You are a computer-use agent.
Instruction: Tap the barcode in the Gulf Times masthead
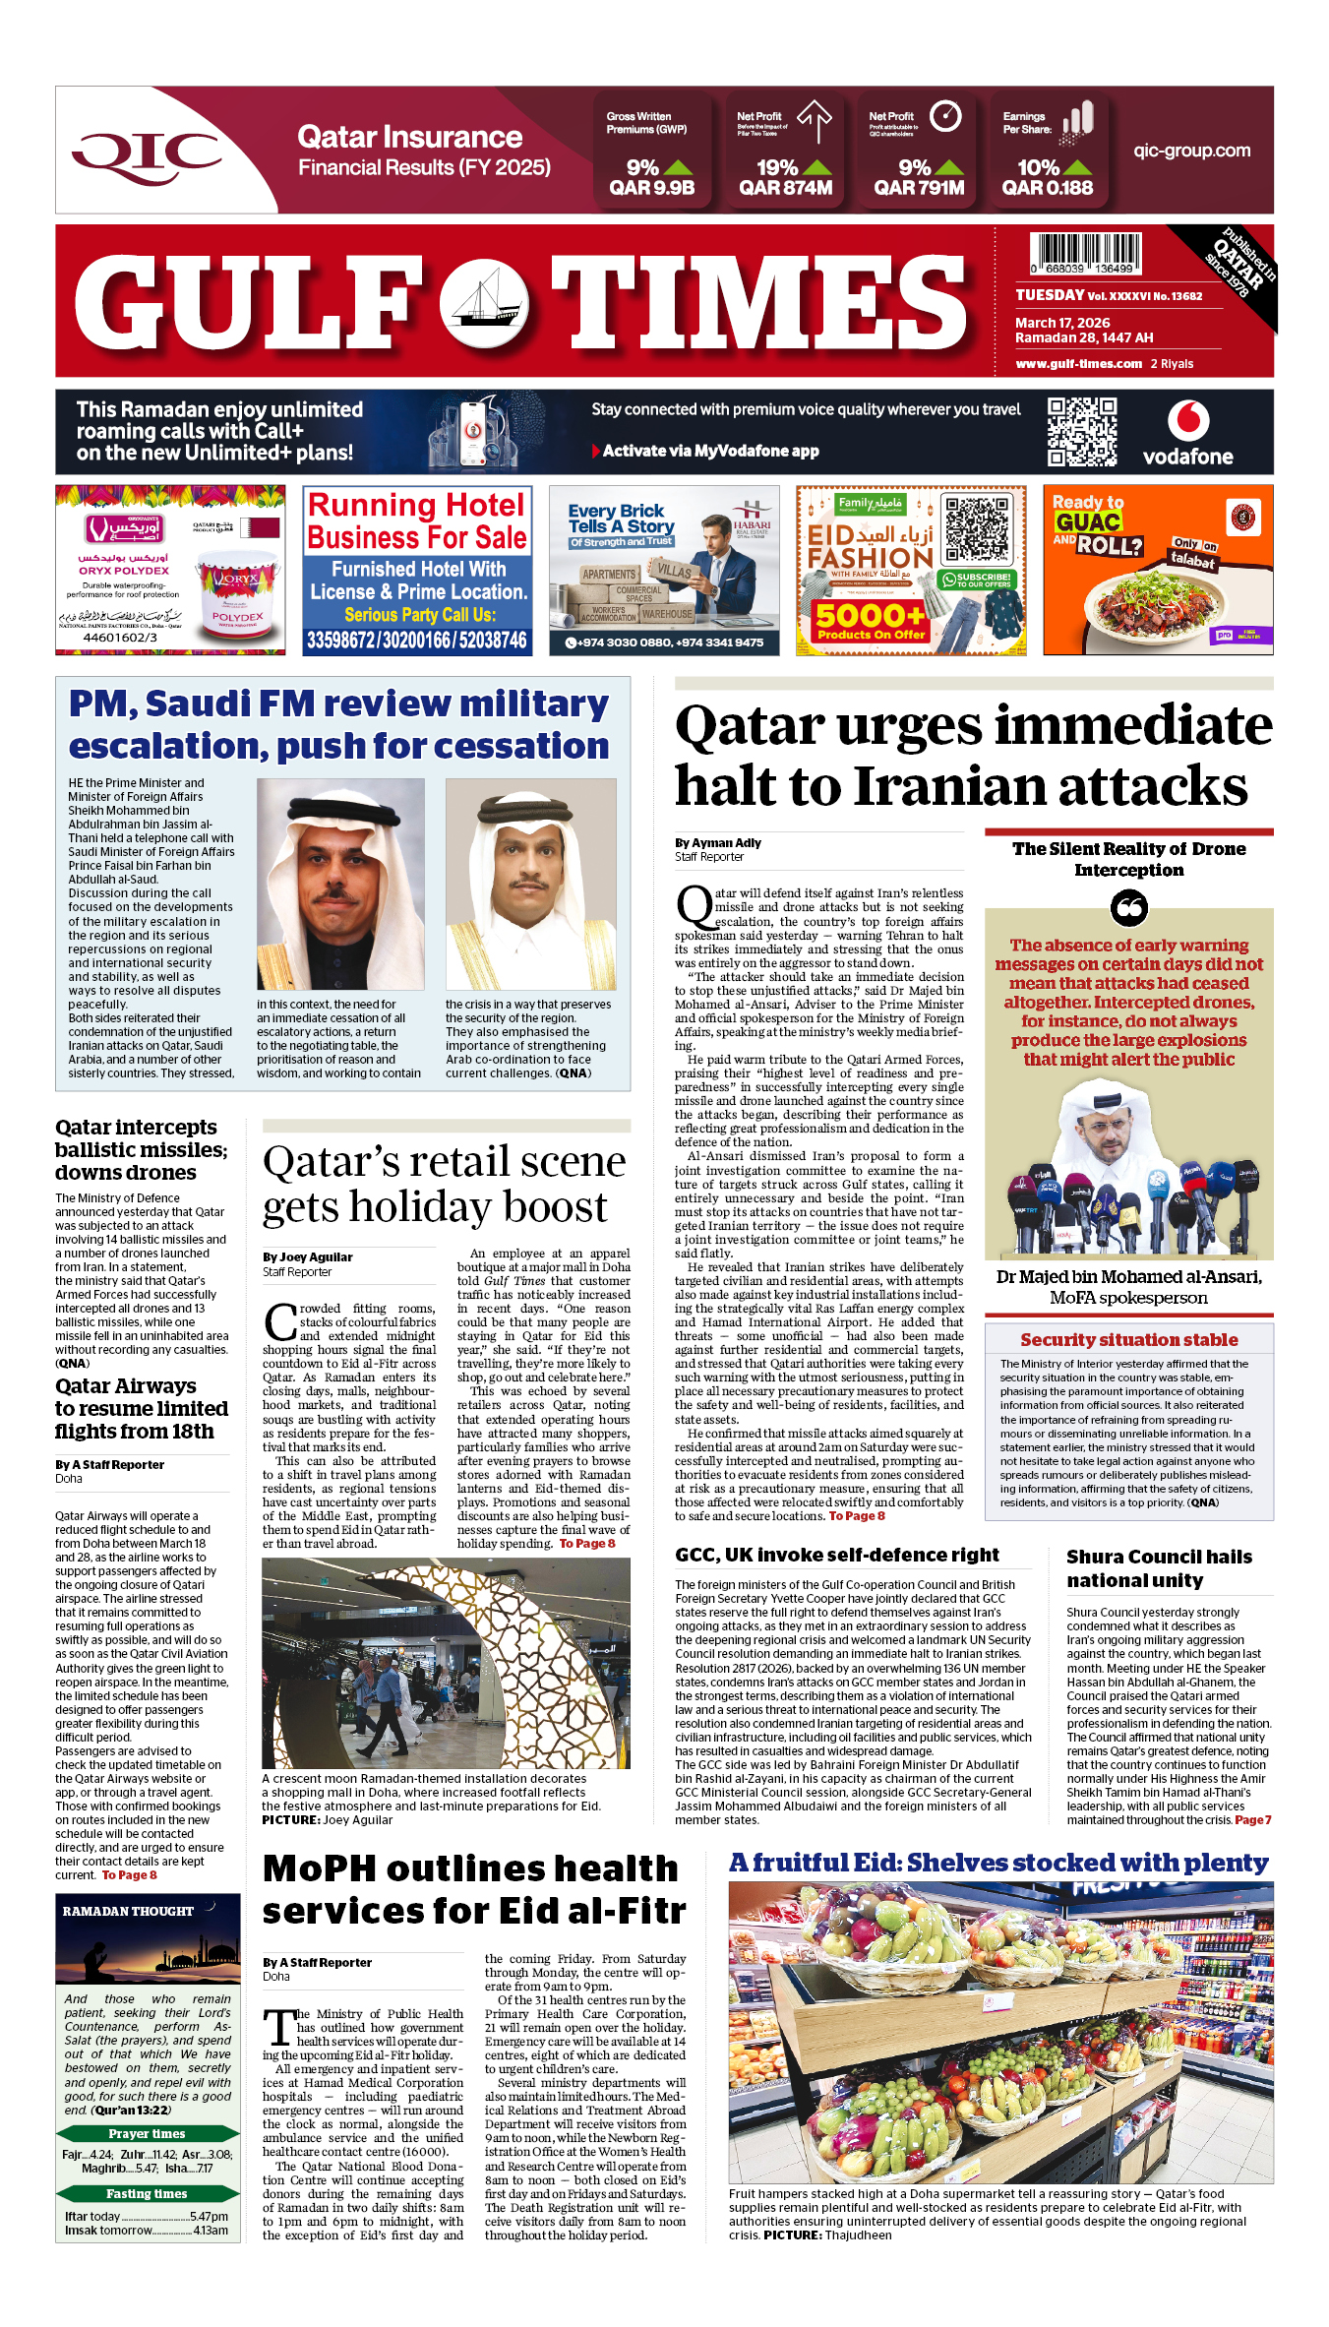[1085, 253]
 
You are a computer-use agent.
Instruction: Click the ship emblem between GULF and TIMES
[483, 302]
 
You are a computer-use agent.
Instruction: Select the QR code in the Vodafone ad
[1081, 432]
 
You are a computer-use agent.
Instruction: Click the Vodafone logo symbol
[1187, 421]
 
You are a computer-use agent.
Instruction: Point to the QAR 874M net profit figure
[785, 188]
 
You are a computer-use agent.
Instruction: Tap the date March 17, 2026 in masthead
[1062, 323]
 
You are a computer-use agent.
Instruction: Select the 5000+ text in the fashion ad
[870, 616]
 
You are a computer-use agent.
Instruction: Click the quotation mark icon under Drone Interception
[1128, 907]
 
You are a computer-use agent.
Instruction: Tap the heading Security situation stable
[1128, 1340]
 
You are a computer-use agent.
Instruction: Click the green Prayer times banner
[147, 2133]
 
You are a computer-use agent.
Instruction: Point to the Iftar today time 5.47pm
[209, 2216]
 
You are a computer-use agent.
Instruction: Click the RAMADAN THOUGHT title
[128, 1911]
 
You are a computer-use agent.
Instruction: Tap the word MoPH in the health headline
[321, 1868]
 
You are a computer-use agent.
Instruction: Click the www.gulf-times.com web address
[1078, 364]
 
